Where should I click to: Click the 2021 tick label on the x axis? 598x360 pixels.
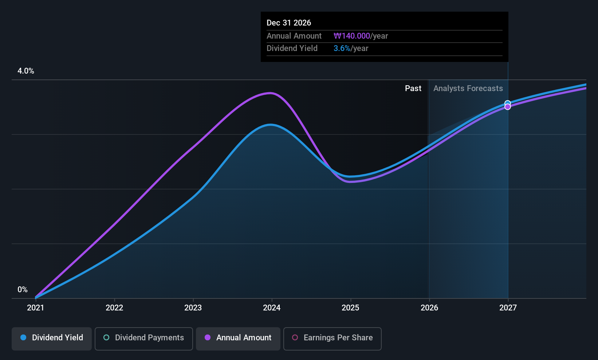pos(35,308)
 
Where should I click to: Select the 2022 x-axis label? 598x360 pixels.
pos(114,308)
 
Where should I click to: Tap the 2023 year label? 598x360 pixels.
pos(193,308)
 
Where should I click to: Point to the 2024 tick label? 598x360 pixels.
pos(272,308)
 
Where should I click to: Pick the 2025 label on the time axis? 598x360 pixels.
pos(350,308)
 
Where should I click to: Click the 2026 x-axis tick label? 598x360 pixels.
pos(429,308)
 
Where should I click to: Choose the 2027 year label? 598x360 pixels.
pos(508,308)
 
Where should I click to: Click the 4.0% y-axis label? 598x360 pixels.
pos(26,71)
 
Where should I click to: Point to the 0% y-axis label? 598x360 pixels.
pos(23,290)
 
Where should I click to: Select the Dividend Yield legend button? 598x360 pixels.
pos(51,339)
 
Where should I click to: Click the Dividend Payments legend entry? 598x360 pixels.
pos(143,339)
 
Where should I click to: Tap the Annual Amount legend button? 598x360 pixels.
pos(238,339)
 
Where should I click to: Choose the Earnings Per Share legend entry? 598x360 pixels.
pos(333,339)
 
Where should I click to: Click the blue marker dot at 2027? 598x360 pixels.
pos(508,103)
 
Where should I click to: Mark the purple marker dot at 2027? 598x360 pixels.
pos(508,107)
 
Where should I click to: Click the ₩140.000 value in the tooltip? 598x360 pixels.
pos(352,36)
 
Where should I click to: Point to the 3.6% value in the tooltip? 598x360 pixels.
pos(342,48)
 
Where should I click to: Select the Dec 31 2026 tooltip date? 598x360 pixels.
pos(288,23)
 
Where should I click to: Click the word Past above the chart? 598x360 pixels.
pos(413,89)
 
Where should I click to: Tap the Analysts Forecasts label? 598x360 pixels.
pos(468,89)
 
